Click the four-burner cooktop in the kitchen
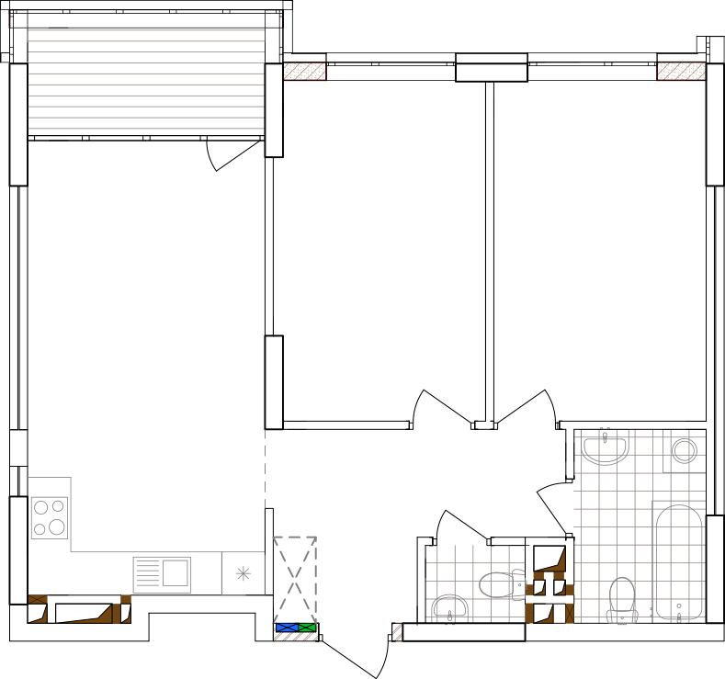pos(49,517)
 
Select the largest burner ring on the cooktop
pos(57,527)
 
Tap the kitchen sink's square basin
pos(176,573)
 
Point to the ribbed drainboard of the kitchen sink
pos(147,574)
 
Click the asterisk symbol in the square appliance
pos(243,573)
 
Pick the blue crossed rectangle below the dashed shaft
pos(287,628)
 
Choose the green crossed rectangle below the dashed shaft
pos(307,628)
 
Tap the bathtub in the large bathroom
pos(679,561)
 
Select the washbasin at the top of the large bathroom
pos(605,448)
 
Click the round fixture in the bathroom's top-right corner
pos(684,450)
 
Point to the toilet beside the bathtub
pos(622,599)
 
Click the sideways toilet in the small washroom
pos(502,584)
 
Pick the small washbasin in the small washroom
pos(449,607)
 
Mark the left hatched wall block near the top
pos(304,71)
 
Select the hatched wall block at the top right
pos(681,71)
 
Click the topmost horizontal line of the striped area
pos(146,30)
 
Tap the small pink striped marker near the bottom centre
pos(397,631)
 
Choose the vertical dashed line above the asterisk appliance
pos(265,469)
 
